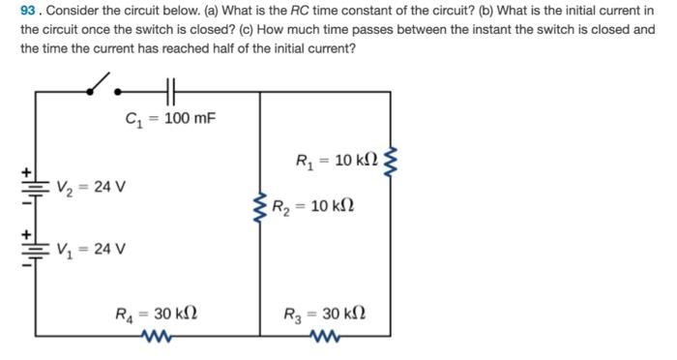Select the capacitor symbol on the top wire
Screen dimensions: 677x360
point(171,92)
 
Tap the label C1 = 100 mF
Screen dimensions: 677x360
point(171,119)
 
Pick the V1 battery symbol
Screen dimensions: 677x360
point(37,248)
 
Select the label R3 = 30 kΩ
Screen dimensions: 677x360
point(325,314)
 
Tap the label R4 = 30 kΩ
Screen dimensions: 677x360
point(157,314)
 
